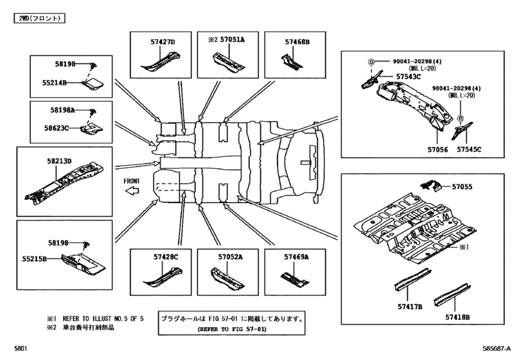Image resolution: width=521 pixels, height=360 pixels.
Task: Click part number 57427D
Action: pyautogui.click(x=163, y=42)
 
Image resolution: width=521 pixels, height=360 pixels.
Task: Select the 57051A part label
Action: pyautogui.click(x=233, y=40)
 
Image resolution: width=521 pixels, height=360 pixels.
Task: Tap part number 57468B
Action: pyautogui.click(x=297, y=42)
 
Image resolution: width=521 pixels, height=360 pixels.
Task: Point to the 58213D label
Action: pyautogui.click(x=59, y=161)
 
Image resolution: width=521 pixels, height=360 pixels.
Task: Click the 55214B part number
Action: pyautogui.click(x=54, y=83)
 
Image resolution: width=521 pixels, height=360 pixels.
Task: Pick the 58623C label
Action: pyautogui.click(x=57, y=128)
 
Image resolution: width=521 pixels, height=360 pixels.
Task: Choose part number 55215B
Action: pyautogui.click(x=34, y=258)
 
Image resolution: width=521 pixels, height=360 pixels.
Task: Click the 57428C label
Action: pyautogui.click(x=166, y=257)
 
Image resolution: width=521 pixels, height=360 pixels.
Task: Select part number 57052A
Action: pyautogui.click(x=230, y=257)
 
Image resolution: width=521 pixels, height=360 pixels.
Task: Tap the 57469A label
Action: pyautogui.click(x=296, y=257)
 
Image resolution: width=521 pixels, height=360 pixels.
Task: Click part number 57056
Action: pyautogui.click(x=437, y=150)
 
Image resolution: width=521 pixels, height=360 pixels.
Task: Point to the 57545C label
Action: pyautogui.click(x=469, y=150)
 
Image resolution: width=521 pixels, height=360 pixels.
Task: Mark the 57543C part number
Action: pyautogui.click(x=409, y=76)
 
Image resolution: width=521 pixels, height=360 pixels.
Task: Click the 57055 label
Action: pyautogui.click(x=462, y=187)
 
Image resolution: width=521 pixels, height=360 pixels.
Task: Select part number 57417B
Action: pyautogui.click(x=410, y=307)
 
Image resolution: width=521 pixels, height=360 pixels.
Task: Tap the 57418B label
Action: pyautogui.click(x=457, y=318)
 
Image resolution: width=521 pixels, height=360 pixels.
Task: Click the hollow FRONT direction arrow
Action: pyautogui.click(x=132, y=191)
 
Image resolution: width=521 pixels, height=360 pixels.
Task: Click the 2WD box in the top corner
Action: pyautogui.click(x=39, y=18)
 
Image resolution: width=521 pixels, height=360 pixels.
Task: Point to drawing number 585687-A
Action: pyautogui.click(x=497, y=348)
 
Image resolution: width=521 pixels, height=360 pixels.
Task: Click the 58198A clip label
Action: pyautogui.click(x=62, y=110)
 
